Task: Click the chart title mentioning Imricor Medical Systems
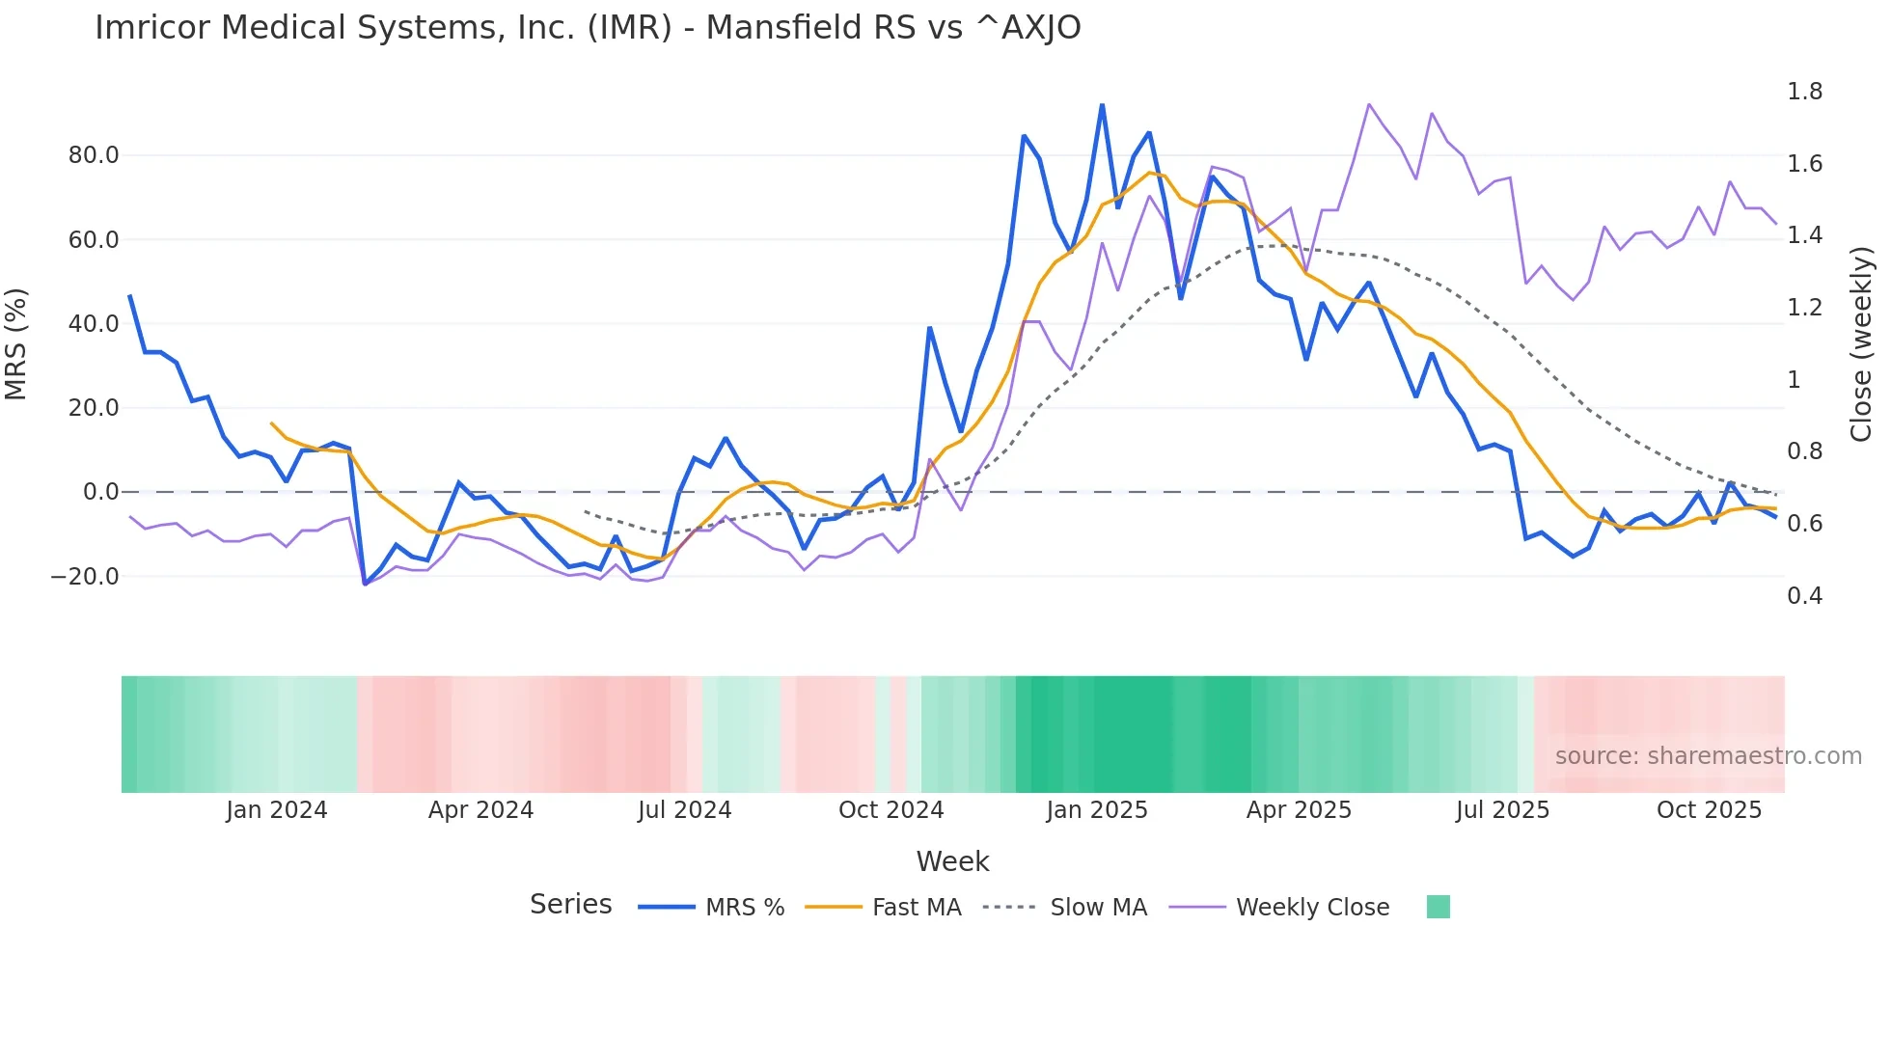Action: click(588, 28)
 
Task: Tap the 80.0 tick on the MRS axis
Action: click(94, 155)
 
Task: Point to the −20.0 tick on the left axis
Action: click(85, 577)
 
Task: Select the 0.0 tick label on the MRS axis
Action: click(100, 492)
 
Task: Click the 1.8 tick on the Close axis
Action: click(1804, 92)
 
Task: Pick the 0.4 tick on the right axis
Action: click(1804, 596)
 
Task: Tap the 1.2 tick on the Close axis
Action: click(1804, 308)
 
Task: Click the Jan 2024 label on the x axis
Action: click(277, 810)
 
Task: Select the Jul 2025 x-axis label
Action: click(1502, 810)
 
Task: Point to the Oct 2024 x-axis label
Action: click(891, 810)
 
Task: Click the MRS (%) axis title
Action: click(16, 344)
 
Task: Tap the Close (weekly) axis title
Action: click(1861, 344)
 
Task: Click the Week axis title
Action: click(952, 861)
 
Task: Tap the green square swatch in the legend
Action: click(1438, 907)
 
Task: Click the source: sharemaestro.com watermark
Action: click(1708, 756)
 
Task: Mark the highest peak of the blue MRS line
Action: click(1102, 105)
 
